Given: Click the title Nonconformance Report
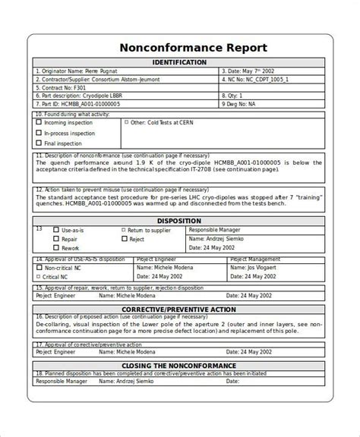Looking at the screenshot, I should click(x=179, y=47).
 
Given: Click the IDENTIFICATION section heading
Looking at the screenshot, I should click(x=179, y=62).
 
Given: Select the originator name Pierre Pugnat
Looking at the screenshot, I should click(x=99, y=72).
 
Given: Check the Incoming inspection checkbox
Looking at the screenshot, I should click(x=39, y=122).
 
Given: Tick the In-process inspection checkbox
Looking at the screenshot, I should click(x=39, y=133).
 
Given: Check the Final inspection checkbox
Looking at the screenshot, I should click(x=39, y=143).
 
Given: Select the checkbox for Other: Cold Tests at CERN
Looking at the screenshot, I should click(x=126, y=122).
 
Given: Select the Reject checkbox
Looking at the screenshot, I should click(x=123, y=239).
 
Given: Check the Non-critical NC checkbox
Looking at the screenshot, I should click(x=39, y=268).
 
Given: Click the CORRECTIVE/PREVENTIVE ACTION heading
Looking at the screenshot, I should click(x=179, y=310).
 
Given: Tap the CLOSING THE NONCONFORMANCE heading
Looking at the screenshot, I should click(x=179, y=366).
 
